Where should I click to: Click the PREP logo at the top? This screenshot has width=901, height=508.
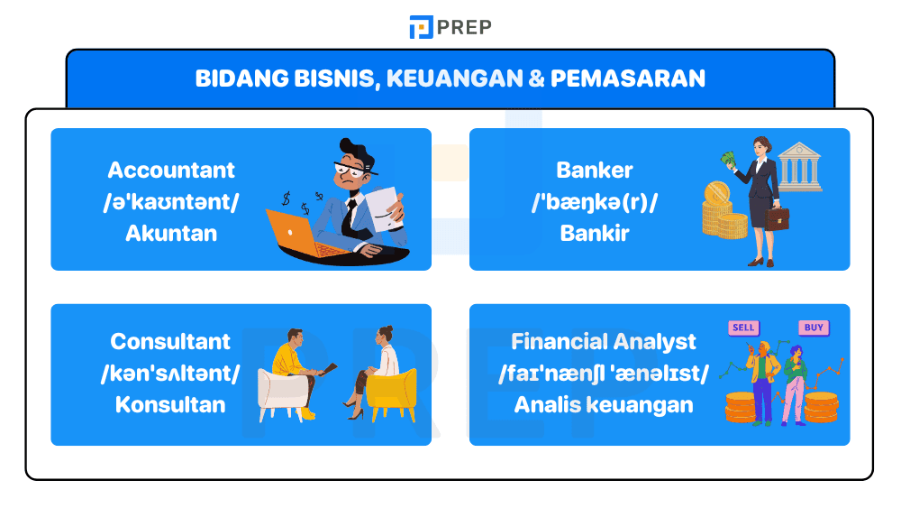[450, 27]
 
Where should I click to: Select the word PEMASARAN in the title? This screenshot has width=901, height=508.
[627, 79]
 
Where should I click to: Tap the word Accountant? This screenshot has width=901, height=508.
[171, 170]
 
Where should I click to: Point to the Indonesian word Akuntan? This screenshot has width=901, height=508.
[171, 233]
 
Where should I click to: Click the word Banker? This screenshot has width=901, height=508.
[595, 170]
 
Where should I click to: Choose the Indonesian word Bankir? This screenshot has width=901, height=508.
[595, 233]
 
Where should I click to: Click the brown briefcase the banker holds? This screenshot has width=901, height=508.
[777, 217]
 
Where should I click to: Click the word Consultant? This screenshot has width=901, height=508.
[170, 341]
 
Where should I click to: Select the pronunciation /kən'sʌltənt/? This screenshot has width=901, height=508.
[170, 373]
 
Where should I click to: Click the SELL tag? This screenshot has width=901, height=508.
[744, 328]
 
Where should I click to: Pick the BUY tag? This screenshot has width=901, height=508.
[813, 328]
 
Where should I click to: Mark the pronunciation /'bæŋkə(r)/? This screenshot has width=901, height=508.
[595, 201]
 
